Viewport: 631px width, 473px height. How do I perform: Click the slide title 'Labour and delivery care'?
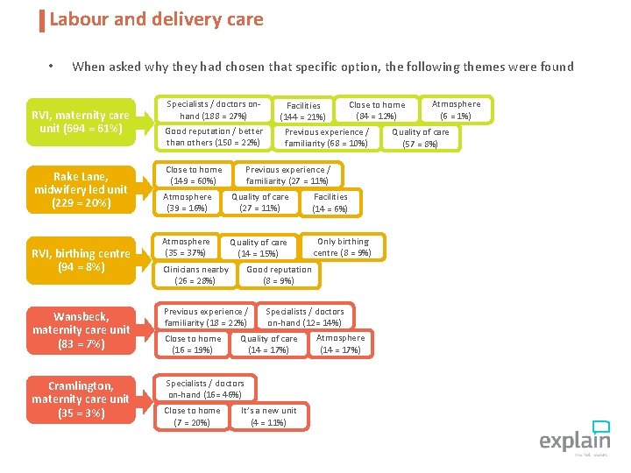coord(156,19)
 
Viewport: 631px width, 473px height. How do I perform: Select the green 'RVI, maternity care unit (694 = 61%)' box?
coord(81,122)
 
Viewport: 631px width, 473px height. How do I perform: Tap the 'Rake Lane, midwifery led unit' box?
coord(81,189)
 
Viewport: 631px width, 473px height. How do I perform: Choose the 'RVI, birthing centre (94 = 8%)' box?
coord(81,260)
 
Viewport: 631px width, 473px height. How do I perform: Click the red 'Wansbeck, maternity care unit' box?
coord(81,330)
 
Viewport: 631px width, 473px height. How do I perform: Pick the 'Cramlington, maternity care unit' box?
coord(81,399)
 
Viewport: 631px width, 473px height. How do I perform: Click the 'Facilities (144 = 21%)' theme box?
coord(303,111)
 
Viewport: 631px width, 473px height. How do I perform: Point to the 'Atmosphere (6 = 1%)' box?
coord(456,109)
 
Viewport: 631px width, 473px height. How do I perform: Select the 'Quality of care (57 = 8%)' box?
coord(420,138)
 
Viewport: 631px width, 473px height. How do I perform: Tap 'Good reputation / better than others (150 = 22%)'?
coord(214,138)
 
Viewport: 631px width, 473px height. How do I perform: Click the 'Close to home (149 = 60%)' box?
coord(194,175)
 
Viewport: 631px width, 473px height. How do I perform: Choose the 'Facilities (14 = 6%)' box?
coord(330,202)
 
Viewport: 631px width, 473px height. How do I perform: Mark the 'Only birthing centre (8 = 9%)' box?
coord(343,247)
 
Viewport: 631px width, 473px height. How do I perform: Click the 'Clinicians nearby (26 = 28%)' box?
coord(195,275)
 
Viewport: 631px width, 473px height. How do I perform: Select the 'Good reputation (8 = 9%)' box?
coord(279,275)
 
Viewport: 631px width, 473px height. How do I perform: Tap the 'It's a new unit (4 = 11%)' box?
coord(268,416)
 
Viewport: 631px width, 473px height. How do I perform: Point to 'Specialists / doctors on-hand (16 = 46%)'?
coord(205,389)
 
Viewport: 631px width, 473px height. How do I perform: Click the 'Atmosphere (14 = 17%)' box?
coord(340,343)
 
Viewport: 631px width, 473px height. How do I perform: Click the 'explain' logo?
coord(574,437)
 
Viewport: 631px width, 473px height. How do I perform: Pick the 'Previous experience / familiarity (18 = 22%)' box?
coord(205,317)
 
